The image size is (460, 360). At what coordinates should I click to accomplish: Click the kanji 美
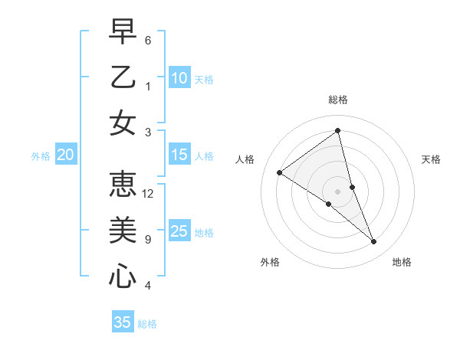coord(123,229)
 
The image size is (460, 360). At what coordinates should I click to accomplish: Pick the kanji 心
coord(123,275)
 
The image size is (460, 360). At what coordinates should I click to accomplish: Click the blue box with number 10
coord(179,77)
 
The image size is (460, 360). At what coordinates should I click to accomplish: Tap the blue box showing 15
coord(179,155)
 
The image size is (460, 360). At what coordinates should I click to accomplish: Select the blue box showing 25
coord(179,231)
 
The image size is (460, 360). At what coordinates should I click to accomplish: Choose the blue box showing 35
coord(123,322)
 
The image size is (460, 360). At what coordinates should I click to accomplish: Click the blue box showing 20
coord(65,155)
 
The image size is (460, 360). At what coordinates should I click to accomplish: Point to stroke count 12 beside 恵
coord(148,193)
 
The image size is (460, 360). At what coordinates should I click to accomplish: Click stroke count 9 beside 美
coord(148,240)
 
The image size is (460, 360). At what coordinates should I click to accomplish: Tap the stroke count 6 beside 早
coord(148,40)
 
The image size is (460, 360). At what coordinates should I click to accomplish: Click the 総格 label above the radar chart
coord(337,100)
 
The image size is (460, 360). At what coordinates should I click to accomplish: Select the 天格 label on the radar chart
coord(431,159)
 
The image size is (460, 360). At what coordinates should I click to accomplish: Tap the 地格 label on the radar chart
coord(402,262)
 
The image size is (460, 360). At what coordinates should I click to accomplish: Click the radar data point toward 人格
coord(280,172)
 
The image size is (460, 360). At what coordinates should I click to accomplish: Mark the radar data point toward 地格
coord(374,241)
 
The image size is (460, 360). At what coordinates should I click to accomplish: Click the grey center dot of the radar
coord(337,191)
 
